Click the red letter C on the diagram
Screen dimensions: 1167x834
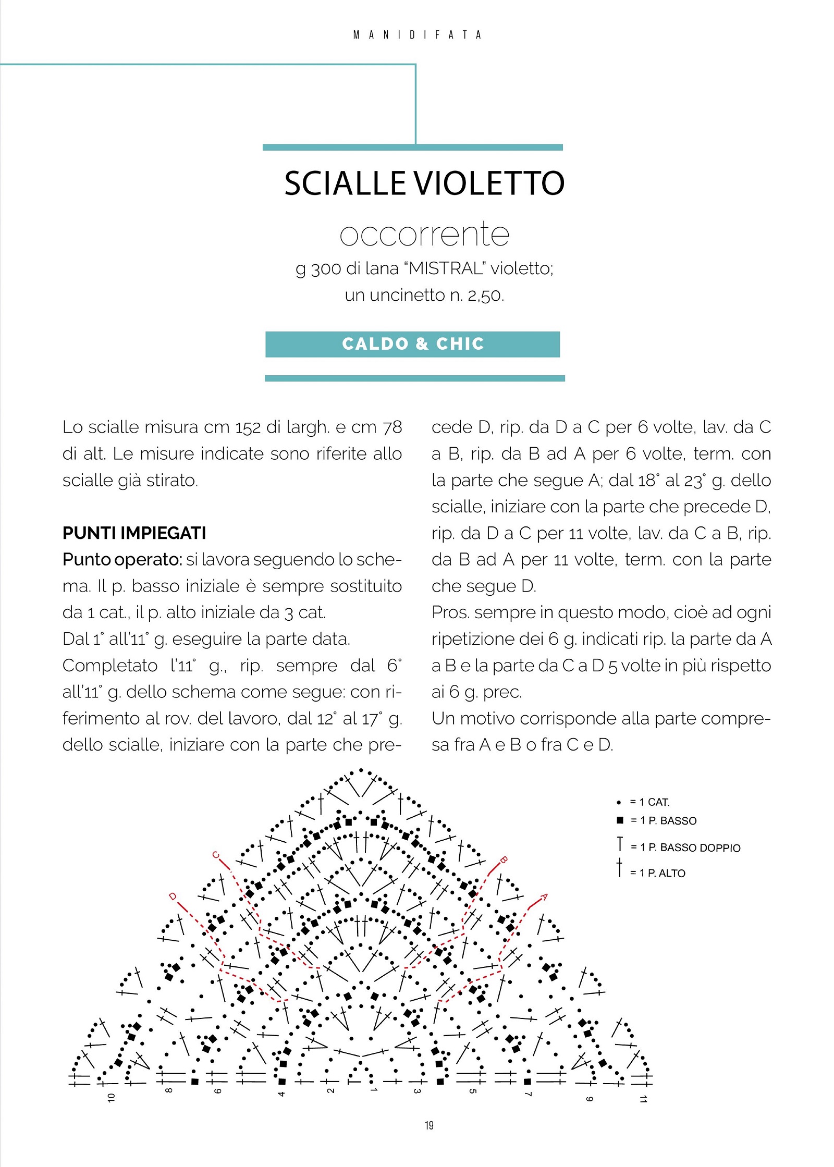[215, 855]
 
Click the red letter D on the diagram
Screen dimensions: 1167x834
[173, 896]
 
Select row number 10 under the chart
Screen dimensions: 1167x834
[111, 1098]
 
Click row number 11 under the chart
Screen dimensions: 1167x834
[643, 1099]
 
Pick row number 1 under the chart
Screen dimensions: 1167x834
[374, 1090]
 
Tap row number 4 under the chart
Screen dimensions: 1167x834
[281, 1094]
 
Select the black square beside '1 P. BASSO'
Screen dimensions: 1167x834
[620, 820]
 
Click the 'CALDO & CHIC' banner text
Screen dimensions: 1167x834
[413, 344]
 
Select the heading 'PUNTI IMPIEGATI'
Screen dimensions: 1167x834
[134, 533]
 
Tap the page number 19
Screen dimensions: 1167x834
[429, 1125]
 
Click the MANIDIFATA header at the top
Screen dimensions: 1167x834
[417, 35]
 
